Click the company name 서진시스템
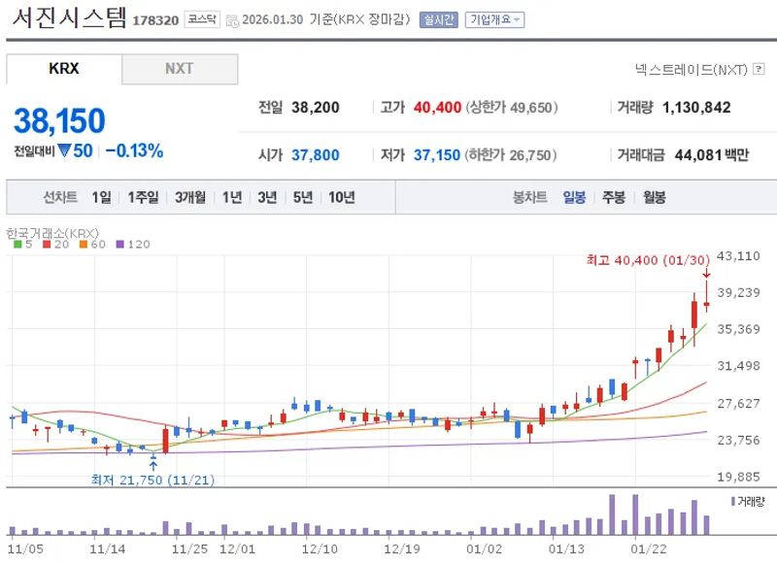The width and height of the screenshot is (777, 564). click(66, 18)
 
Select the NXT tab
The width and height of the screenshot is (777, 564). click(179, 69)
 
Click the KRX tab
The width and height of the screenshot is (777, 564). click(64, 69)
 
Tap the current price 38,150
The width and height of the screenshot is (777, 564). click(59, 120)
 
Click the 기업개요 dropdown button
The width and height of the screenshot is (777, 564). click(494, 19)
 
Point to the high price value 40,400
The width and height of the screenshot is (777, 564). click(437, 108)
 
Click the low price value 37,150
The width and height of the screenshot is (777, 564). click(436, 155)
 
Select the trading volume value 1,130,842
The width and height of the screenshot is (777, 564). click(695, 108)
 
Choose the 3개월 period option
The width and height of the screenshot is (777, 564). click(190, 197)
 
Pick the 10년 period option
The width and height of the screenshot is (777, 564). click(341, 197)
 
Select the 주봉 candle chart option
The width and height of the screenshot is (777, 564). click(613, 197)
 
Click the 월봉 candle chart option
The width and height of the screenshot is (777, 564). click(654, 197)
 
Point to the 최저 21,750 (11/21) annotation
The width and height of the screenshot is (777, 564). click(153, 480)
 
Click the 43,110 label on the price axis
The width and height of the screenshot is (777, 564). click(738, 256)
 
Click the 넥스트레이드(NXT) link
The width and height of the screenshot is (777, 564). click(690, 69)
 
